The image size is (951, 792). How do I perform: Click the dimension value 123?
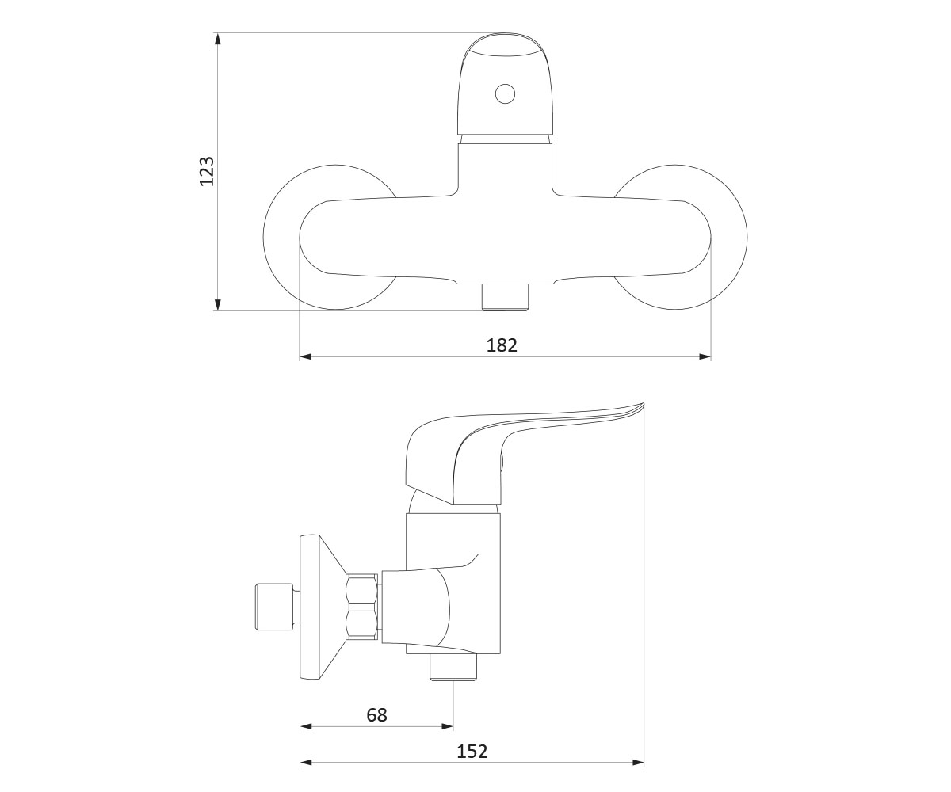point(207,171)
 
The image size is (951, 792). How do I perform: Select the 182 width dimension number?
point(502,345)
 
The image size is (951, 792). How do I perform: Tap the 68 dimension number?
point(376,715)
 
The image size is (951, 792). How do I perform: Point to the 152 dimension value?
point(472,752)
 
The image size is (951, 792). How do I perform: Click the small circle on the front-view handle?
point(505,93)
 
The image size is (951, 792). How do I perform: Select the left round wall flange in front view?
point(282,237)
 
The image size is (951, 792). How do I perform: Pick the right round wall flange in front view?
point(729,237)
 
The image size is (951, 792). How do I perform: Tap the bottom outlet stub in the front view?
point(505,297)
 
